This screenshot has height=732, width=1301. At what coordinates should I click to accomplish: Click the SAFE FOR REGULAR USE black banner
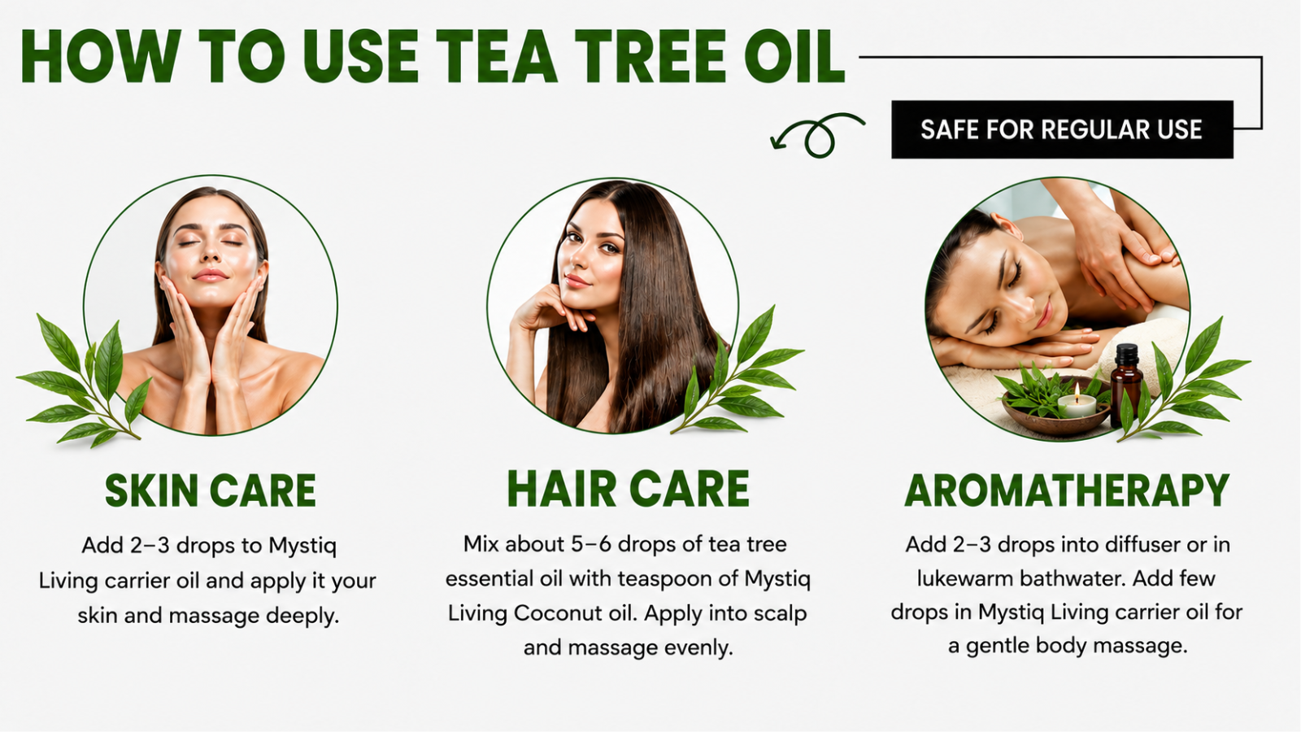coord(1062,129)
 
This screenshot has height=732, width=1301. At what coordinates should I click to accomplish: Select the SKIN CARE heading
coord(211,491)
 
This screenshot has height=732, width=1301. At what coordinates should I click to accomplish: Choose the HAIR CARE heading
coord(629,489)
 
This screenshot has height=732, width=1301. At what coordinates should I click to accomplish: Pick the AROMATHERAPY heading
coord(1067,491)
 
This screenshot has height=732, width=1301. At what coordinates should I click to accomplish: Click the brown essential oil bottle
coord(1125,385)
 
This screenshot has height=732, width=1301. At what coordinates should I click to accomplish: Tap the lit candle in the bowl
coord(1077,402)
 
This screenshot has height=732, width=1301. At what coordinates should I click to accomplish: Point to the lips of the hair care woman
coord(577,281)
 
